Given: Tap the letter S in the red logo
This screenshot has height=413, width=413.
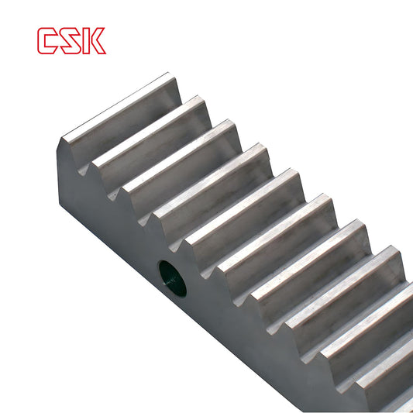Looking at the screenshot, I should click(71, 41).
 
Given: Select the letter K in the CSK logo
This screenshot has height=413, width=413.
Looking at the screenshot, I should click(94, 41).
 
